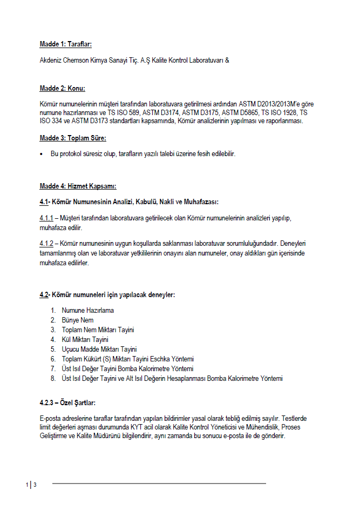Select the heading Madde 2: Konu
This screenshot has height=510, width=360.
[62, 88]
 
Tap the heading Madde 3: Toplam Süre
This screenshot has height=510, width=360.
[73, 138]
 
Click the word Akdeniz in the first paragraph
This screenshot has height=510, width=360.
[51, 60]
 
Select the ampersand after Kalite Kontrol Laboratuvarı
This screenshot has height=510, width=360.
[227, 60]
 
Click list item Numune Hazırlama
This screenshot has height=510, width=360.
[87, 310]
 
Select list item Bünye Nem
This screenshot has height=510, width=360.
[78, 320]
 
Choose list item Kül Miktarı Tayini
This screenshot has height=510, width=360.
[85, 339]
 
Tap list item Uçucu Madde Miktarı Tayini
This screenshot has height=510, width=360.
[99, 349]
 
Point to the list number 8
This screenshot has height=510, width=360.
[52, 378]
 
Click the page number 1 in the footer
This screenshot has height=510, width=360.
[26, 485]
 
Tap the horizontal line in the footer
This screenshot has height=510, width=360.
[159, 483]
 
